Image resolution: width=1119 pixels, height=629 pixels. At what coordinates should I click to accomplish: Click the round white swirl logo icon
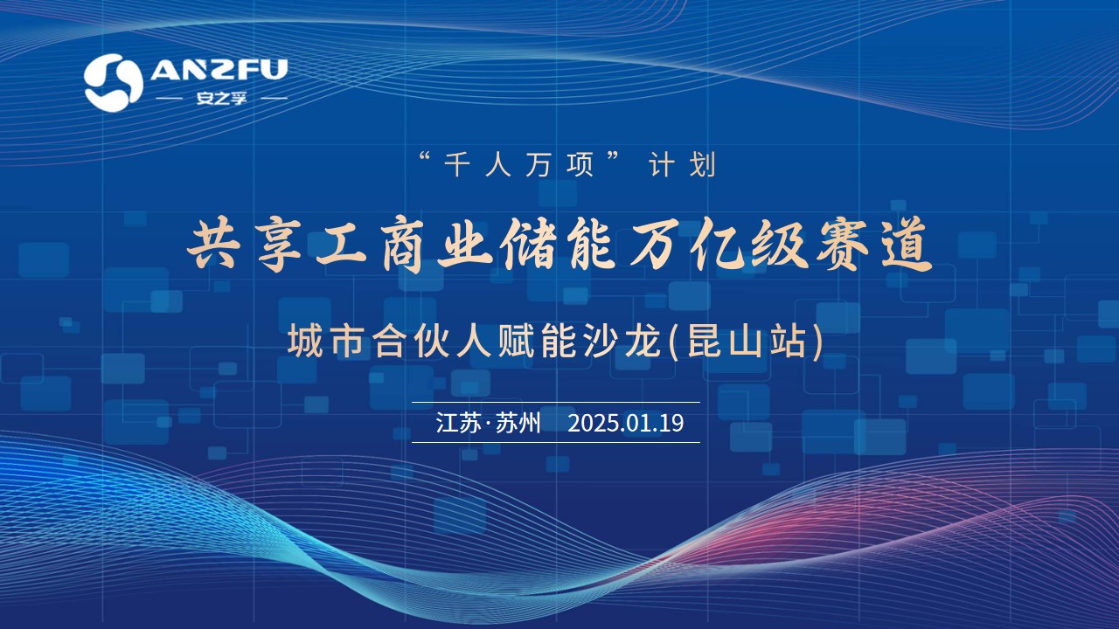pyautogui.click(x=114, y=82)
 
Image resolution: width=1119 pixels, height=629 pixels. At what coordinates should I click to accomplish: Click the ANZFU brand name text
pyautogui.click(x=219, y=69)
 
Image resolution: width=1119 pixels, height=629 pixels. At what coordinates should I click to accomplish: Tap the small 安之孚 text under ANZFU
pyautogui.click(x=221, y=98)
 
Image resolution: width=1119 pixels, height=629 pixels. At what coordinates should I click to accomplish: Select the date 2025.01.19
pyautogui.click(x=625, y=423)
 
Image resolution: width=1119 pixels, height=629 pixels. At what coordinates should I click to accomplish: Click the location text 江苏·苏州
pyautogui.click(x=488, y=423)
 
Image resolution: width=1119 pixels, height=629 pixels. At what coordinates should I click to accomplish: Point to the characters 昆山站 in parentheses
pyautogui.click(x=747, y=342)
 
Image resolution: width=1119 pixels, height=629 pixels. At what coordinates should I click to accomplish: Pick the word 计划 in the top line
pyautogui.click(x=683, y=165)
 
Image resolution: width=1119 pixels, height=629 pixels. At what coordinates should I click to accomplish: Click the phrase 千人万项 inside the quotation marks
pyautogui.click(x=518, y=165)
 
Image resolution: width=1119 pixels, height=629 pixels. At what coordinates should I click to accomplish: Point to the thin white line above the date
pyautogui.click(x=555, y=402)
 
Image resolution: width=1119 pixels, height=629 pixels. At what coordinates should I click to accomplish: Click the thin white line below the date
pyautogui.click(x=555, y=442)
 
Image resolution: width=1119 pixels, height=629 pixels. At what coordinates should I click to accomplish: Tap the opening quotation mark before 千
pyautogui.click(x=425, y=157)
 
